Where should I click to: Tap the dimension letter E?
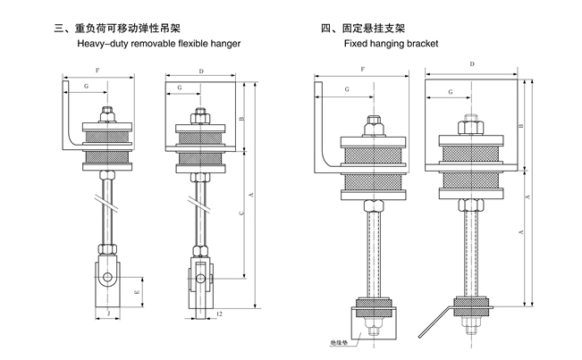[137, 291]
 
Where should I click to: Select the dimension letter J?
[107, 314]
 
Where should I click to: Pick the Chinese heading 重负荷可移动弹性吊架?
[142, 28]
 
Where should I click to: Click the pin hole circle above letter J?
[107, 278]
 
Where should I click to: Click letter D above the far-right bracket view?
[471, 64]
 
